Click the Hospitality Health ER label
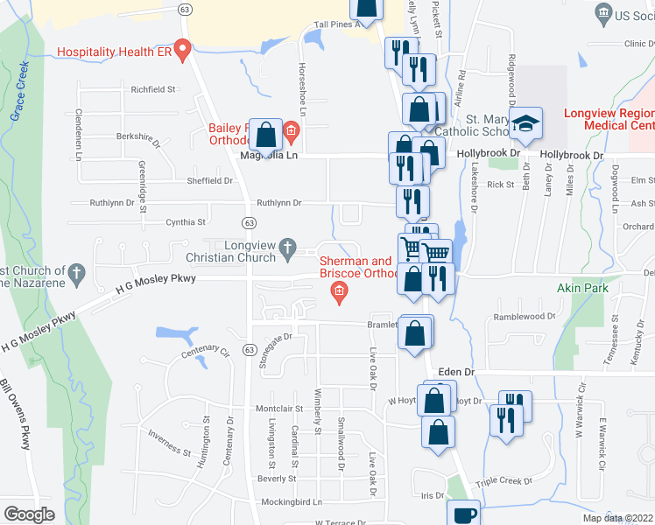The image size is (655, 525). click(x=113, y=52)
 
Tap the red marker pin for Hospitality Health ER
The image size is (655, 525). click(x=182, y=49)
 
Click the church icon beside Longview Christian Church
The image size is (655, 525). click(x=286, y=252)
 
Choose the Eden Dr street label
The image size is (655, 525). click(x=456, y=372)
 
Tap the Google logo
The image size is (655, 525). click(x=30, y=514)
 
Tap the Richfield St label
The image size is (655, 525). click(x=153, y=89)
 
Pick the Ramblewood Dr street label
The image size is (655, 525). click(x=525, y=317)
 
